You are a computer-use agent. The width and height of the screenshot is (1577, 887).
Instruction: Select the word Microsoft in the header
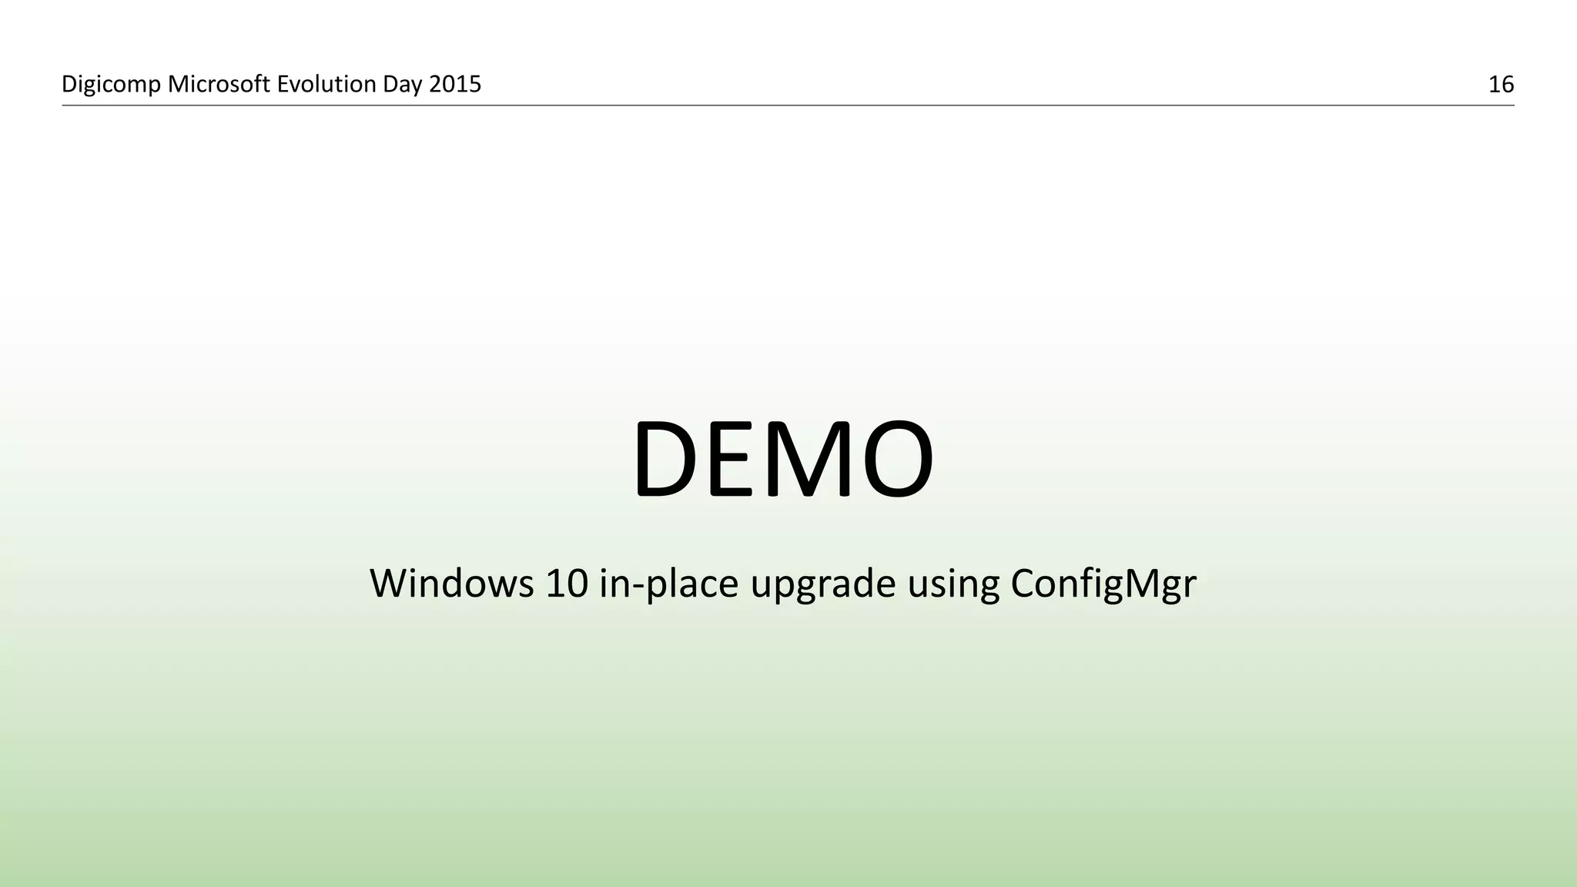click(x=219, y=84)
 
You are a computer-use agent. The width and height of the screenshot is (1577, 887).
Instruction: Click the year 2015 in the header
click(x=455, y=84)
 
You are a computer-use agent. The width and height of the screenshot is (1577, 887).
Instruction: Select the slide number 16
click(x=1501, y=85)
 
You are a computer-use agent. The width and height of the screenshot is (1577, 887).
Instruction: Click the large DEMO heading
click(x=783, y=460)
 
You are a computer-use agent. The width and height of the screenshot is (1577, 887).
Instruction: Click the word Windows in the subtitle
click(x=451, y=583)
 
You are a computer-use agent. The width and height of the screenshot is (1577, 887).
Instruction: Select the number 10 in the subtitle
click(x=567, y=583)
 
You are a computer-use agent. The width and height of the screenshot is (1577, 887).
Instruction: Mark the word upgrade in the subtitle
click(x=822, y=584)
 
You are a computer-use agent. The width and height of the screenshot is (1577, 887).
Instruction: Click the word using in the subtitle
click(x=953, y=584)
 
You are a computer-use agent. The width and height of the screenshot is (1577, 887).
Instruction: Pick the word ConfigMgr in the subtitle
click(x=1103, y=584)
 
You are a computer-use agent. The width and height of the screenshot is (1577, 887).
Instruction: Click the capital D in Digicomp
click(x=69, y=84)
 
